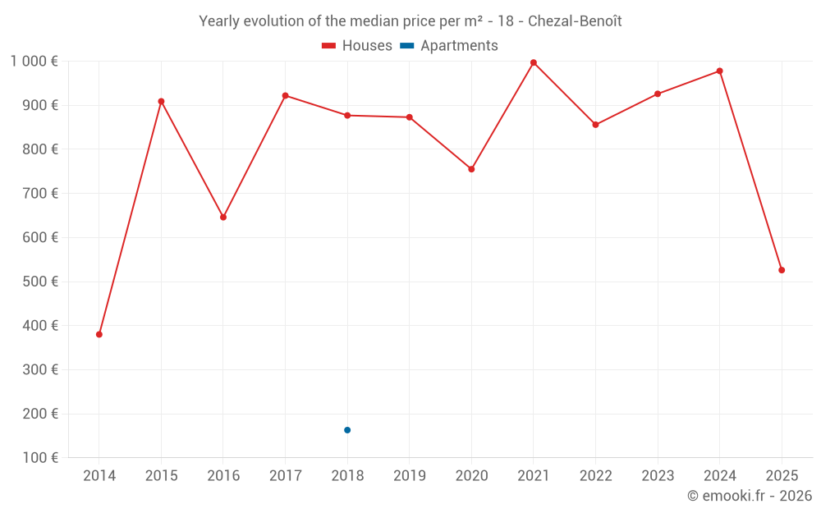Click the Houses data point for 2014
coord(99,334)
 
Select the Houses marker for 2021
coord(534,62)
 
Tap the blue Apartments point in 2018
coord(347,430)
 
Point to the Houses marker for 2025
coord(782,270)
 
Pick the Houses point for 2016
coord(223,218)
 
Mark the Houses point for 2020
coord(471,169)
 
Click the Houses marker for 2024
coord(719,71)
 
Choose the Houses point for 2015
coord(161,102)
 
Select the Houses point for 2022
coord(595,125)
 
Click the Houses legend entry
coord(357,46)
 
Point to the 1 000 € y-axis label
coord(34,61)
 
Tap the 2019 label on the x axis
coord(409,475)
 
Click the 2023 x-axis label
coord(657,475)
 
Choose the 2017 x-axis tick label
coord(285,475)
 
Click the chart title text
coord(410,21)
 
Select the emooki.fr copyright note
coord(749,496)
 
